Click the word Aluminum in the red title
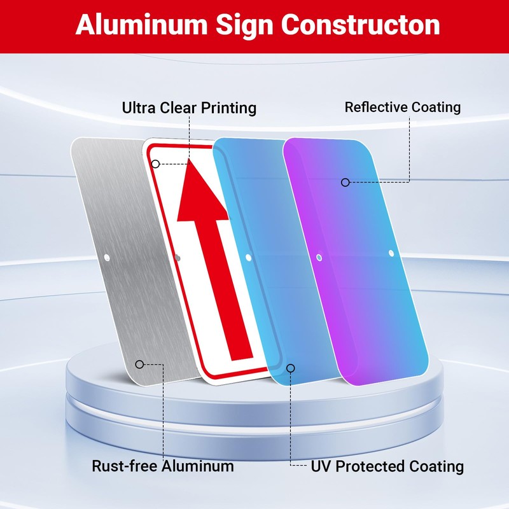coord(140,25)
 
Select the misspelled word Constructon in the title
coord(361,25)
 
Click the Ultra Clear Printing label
coord(189,108)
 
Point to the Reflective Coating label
coord(403,107)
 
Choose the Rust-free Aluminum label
coord(163,466)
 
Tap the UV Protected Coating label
coord(387,466)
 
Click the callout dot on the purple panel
coord(345,182)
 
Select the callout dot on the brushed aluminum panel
coord(139,364)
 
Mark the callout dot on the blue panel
coord(291,368)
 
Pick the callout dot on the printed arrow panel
coord(155,164)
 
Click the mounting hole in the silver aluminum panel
coord(106,258)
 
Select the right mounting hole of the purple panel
coord(391,253)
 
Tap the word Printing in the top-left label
coord(227,108)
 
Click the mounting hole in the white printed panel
coord(178,258)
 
